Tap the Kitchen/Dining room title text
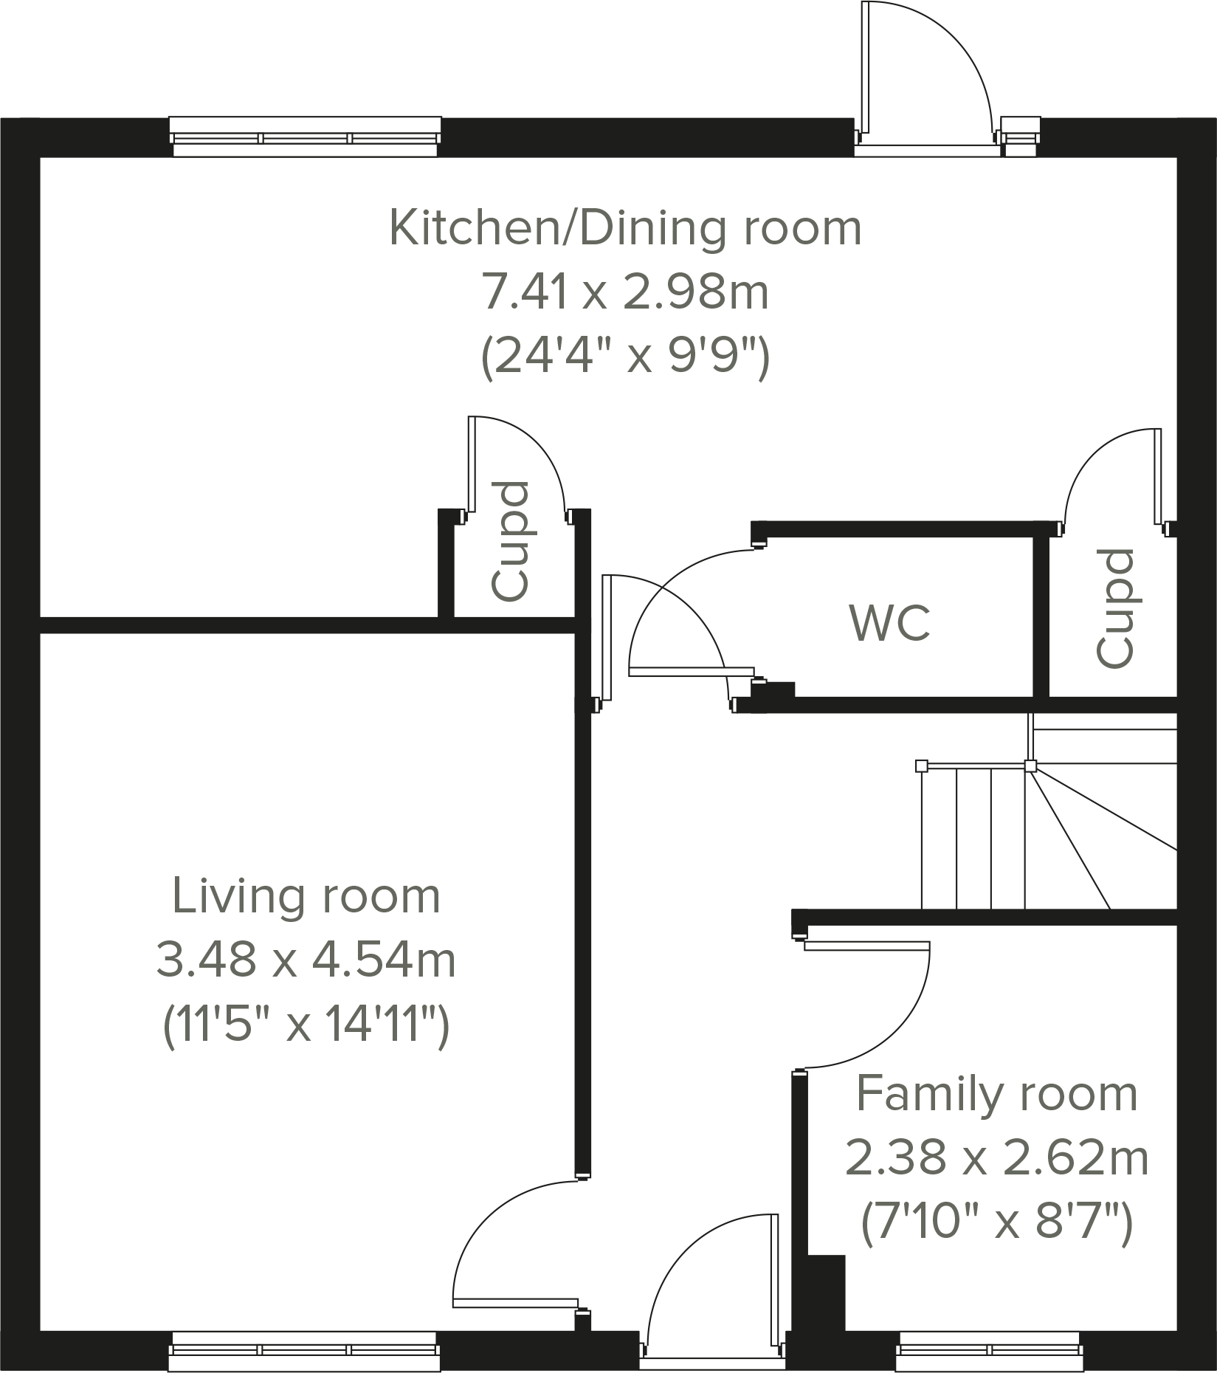(625, 228)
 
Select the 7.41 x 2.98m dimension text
(625, 292)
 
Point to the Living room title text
(306, 897)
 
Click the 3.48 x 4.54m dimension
(306, 961)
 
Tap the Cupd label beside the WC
(1114, 608)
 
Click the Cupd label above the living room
(511, 540)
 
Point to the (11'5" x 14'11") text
(306, 1026)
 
